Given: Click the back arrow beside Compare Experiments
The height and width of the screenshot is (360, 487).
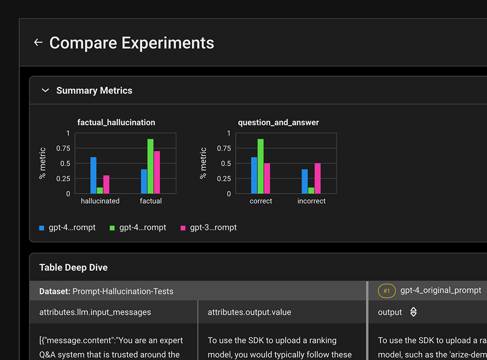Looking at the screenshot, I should coord(38,43).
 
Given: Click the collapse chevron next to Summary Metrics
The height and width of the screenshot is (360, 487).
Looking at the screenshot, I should coord(46,90).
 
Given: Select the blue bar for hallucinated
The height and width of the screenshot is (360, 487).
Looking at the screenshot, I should coord(93,175).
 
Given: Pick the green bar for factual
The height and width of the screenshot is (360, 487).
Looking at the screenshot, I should coord(150,166).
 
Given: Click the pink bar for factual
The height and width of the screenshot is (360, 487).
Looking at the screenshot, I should coord(157,172).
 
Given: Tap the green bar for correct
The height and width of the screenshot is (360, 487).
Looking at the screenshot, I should coord(260,166).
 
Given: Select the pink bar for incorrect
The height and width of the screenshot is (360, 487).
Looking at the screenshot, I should coord(318,179).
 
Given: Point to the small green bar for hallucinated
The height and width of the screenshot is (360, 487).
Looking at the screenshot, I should coord(100,190).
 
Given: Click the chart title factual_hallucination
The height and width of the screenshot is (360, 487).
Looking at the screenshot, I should coord(116,122).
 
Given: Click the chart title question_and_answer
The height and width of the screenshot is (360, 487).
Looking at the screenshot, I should coord(279,122).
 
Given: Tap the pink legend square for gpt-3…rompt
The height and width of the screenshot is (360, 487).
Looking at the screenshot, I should coord(183,228).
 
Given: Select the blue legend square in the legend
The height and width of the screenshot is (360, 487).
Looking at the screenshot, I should coord(42,228).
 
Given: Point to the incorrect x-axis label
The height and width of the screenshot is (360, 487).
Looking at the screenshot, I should coord(311,201).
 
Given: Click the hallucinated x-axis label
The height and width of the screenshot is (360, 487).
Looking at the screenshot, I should coord(100,201).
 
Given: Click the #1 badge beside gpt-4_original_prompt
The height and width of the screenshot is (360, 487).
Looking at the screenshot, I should coord(387,291).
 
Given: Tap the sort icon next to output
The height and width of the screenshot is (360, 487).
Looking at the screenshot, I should coord(413,312).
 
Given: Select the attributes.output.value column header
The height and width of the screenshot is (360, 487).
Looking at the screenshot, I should coord(249,312).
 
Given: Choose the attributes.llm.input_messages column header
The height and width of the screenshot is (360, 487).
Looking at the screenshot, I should coord(95,312).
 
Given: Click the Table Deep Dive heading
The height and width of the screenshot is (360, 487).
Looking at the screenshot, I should coord(73,268).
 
